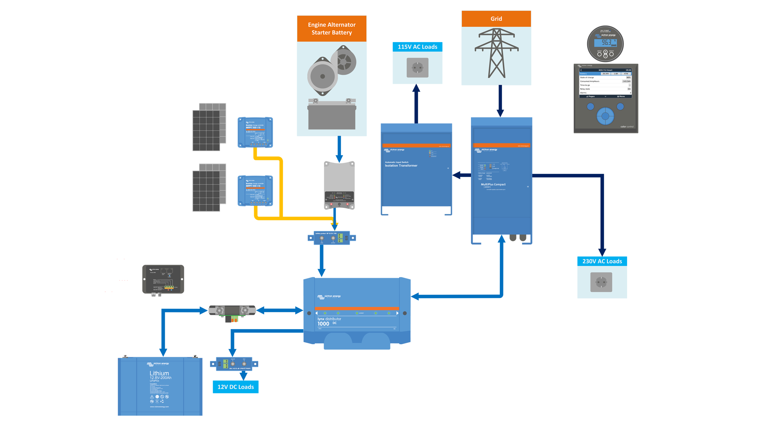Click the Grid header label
pyautogui.click(x=496, y=19)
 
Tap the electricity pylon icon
pyautogui.click(x=496, y=53)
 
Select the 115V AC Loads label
pyautogui.click(x=417, y=47)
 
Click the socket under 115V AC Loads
pyautogui.click(x=417, y=68)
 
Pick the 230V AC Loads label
pyautogui.click(x=602, y=261)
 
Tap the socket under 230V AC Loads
pyautogui.click(x=601, y=282)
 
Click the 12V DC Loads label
pyautogui.click(x=235, y=387)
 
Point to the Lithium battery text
pyautogui.click(x=159, y=374)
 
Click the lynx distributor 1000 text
pyautogui.click(x=329, y=321)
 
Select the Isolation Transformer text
pyautogui.click(x=401, y=165)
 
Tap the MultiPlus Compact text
pyautogui.click(x=493, y=185)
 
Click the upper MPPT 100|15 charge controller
pyautogui.click(x=255, y=132)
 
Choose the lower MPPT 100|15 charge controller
pyautogui.click(x=255, y=191)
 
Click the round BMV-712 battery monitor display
pyautogui.click(x=605, y=43)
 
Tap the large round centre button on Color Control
pyautogui.click(x=605, y=116)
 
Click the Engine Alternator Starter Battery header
pyautogui.click(x=332, y=28)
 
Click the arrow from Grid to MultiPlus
pyautogui.click(x=500, y=100)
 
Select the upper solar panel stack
pyautogui.click(x=209, y=127)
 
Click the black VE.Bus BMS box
pyautogui.click(x=163, y=279)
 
